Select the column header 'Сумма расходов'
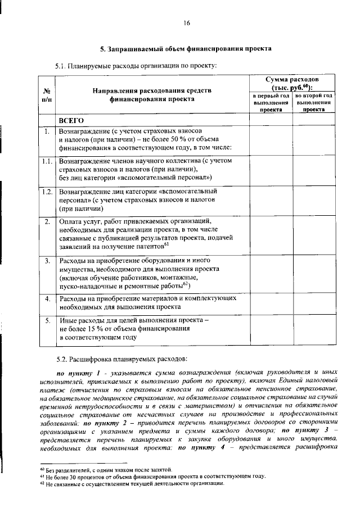(x=292, y=83)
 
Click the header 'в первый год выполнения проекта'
(x=271, y=103)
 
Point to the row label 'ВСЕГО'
(x=71, y=120)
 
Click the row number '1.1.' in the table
(x=48, y=161)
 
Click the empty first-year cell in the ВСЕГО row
(x=271, y=120)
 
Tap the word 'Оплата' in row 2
(x=72, y=221)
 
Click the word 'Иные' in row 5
(x=69, y=320)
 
